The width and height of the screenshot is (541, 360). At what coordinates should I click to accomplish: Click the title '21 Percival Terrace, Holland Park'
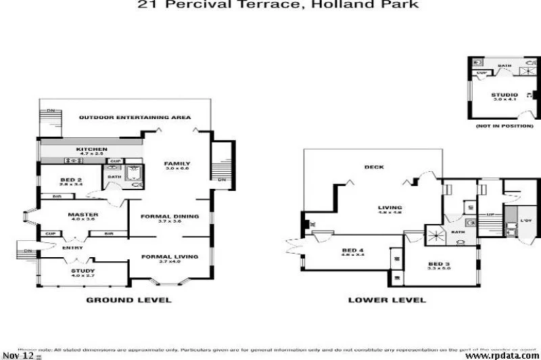[x=278, y=5]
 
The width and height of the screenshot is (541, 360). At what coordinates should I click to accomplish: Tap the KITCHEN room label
[x=91, y=149]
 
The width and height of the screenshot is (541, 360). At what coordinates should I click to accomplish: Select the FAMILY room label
[x=177, y=163]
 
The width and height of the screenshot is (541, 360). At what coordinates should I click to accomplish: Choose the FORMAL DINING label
[x=170, y=217]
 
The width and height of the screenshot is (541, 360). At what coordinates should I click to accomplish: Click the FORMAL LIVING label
[x=170, y=256]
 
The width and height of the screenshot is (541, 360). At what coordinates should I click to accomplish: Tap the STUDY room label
[x=83, y=271]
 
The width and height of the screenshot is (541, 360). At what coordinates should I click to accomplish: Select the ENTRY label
[x=72, y=248]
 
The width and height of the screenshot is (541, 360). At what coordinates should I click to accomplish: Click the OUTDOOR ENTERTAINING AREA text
[x=135, y=117]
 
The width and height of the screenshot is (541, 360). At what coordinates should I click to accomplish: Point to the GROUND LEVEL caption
[x=128, y=300]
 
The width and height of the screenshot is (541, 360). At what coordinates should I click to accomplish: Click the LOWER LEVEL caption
[x=387, y=300]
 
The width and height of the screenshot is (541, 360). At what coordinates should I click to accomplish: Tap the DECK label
[x=373, y=166]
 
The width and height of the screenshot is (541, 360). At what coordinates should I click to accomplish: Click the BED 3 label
[x=438, y=263]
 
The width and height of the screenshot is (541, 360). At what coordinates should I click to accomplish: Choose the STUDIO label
[x=504, y=95]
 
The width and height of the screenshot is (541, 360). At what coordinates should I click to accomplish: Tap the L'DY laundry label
[x=525, y=221]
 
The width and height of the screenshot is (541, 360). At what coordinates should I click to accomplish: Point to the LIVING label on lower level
[x=390, y=208]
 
